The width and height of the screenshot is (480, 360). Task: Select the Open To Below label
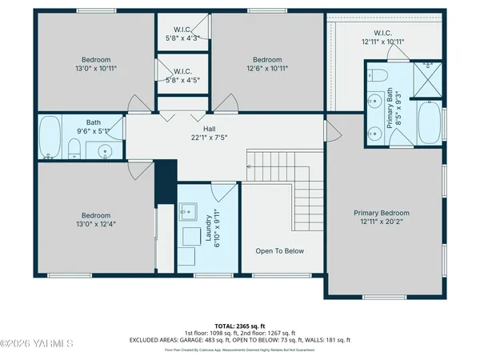click(279, 251)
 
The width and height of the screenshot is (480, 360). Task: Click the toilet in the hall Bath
click(73, 148)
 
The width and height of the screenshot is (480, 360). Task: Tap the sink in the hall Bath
click(104, 150)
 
